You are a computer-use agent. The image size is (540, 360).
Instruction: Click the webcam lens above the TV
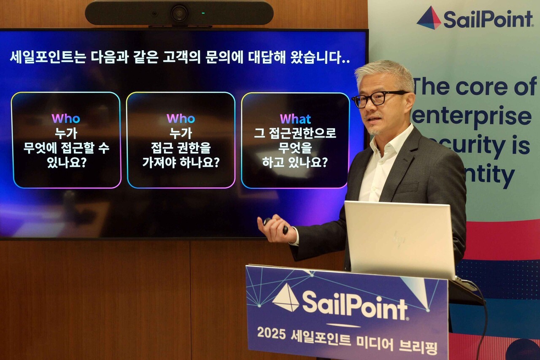(179, 13)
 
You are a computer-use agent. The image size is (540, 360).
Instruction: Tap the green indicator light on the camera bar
(203, 13)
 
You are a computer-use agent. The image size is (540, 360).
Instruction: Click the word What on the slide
(295, 119)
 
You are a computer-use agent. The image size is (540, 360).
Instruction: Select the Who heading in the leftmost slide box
(66, 119)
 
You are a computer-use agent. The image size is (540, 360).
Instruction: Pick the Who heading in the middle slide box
(181, 119)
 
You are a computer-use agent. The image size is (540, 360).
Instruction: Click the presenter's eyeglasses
(377, 98)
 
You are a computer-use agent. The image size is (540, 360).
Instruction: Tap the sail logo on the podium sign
(286, 298)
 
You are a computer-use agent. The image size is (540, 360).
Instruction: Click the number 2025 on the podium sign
(272, 333)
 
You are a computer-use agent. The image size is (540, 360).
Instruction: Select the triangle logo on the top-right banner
(429, 18)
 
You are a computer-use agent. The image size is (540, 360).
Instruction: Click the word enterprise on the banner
(472, 117)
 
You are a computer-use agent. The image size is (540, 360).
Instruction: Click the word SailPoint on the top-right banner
(489, 19)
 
